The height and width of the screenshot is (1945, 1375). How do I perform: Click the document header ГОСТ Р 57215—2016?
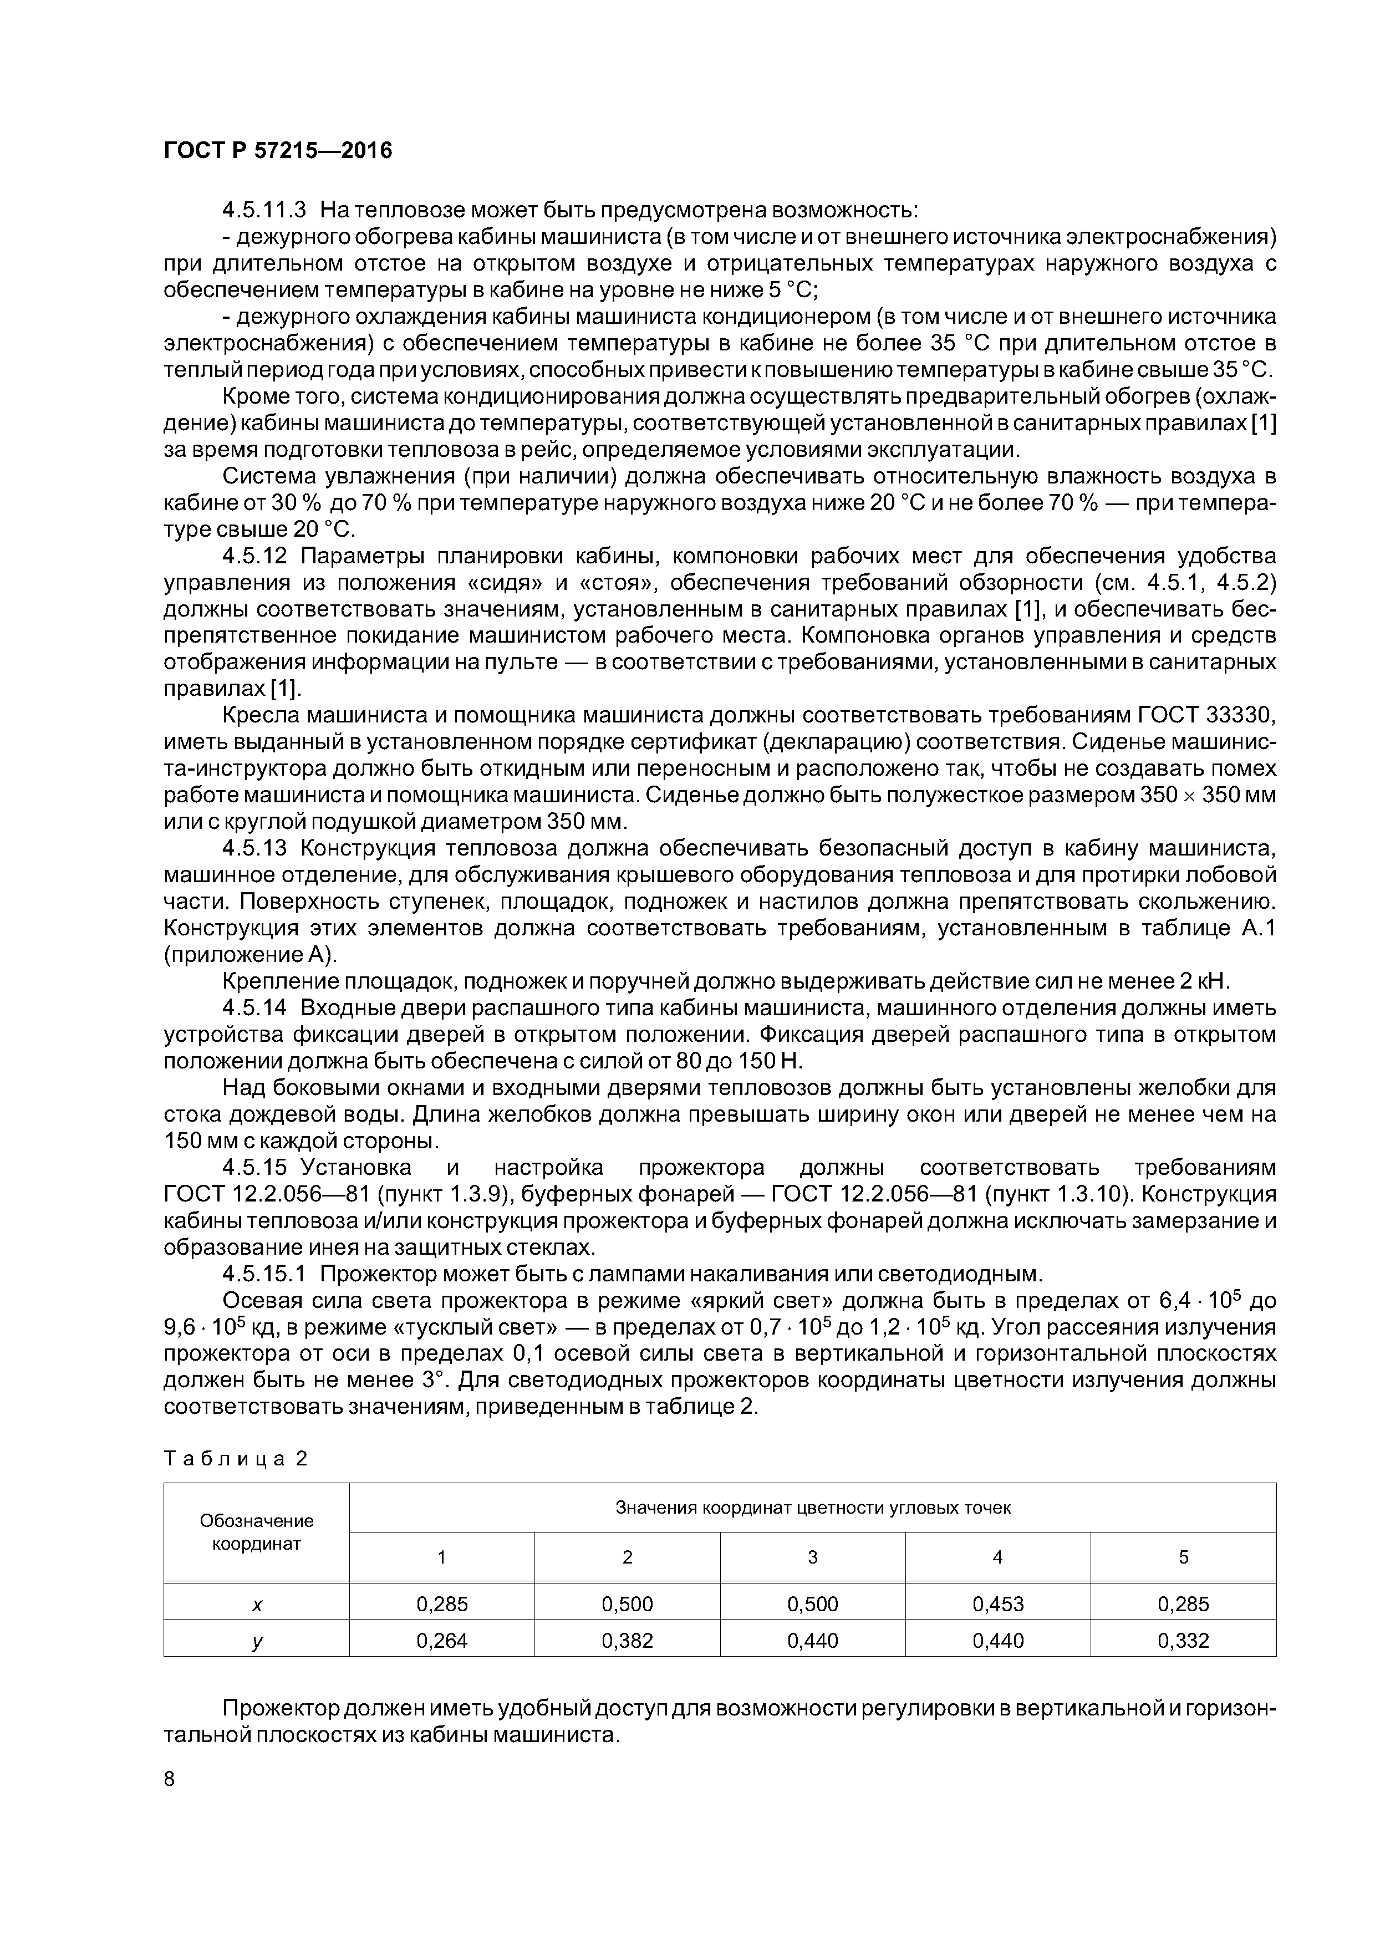pyautogui.click(x=277, y=151)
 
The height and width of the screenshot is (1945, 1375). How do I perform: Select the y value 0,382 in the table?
pyautogui.click(x=627, y=1641)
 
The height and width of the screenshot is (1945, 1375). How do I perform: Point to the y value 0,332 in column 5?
pyautogui.click(x=1184, y=1641)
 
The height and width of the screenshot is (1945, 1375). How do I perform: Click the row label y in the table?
pyautogui.click(x=257, y=1641)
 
